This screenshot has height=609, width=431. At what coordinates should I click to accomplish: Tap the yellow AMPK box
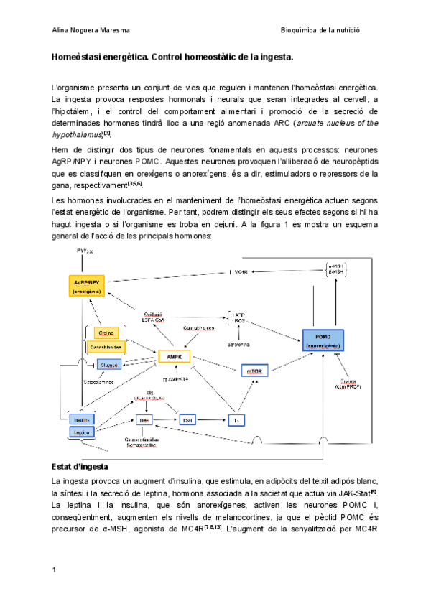(x=173, y=357)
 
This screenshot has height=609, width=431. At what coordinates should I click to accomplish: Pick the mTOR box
(x=254, y=371)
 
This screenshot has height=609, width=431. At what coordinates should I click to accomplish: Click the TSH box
(x=187, y=420)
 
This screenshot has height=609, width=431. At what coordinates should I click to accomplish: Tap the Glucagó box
(x=108, y=365)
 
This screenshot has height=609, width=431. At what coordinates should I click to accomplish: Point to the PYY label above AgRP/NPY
(x=85, y=252)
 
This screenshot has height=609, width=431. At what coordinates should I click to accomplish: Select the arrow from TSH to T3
(x=213, y=420)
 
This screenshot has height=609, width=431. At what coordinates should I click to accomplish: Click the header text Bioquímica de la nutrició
(x=320, y=29)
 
